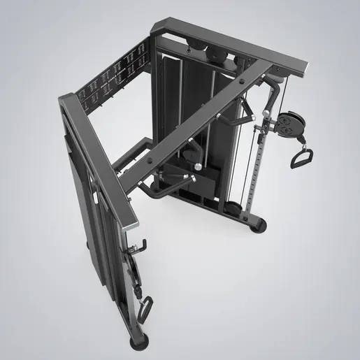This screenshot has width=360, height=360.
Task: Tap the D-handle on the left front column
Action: tap(145, 306)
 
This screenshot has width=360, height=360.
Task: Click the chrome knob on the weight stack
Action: tap(198, 166)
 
